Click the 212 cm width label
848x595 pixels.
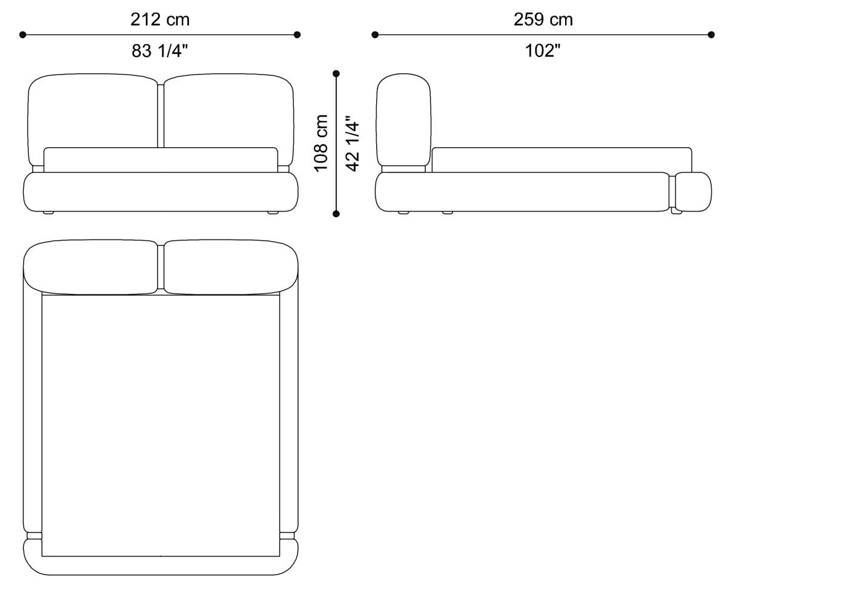(x=160, y=19)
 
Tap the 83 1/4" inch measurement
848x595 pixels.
(x=160, y=51)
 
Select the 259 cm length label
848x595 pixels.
(x=543, y=19)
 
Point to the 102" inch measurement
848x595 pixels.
(x=543, y=51)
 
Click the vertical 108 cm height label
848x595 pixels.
(x=321, y=143)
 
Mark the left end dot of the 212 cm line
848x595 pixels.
(x=23, y=35)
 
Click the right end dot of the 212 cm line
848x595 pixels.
(x=297, y=35)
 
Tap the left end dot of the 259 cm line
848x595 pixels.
(x=375, y=35)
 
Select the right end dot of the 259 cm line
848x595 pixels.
(x=711, y=35)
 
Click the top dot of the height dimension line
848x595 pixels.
(x=336, y=74)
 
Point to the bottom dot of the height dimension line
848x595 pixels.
(x=336, y=213)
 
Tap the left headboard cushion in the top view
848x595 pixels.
(x=91, y=267)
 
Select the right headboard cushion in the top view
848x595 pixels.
(x=231, y=267)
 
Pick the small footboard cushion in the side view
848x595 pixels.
(x=693, y=192)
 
